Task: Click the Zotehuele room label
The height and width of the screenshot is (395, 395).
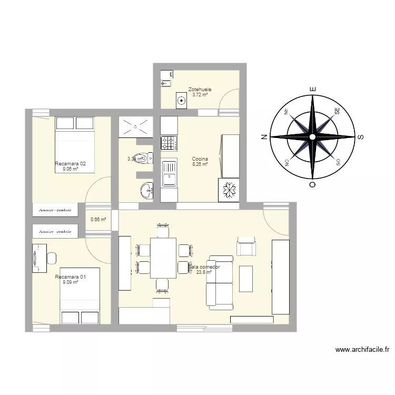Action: pyautogui.click(x=200, y=90)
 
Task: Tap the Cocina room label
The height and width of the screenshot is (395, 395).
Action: pyautogui.click(x=200, y=159)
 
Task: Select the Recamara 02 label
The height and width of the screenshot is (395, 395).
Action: pyautogui.click(x=70, y=164)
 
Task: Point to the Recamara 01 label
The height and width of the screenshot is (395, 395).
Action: pyautogui.click(x=70, y=276)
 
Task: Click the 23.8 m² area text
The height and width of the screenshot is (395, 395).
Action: pyautogui.click(x=204, y=272)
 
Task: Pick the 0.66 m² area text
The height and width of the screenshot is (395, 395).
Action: pyautogui.click(x=98, y=220)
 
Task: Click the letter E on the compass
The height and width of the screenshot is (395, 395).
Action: pyautogui.click(x=312, y=90)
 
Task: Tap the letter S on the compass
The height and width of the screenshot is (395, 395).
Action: pyautogui.click(x=361, y=137)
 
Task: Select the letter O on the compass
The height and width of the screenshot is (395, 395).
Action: pyautogui.click(x=312, y=185)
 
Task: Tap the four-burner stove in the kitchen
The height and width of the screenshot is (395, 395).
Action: pyautogui.click(x=169, y=142)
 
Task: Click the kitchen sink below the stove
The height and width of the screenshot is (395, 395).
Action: pyautogui.click(x=169, y=174)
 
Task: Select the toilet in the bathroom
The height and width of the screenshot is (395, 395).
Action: pyautogui.click(x=143, y=157)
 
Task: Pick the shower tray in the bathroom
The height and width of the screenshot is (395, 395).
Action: pyautogui.click(x=136, y=126)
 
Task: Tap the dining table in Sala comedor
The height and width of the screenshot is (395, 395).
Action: pyautogui.click(x=163, y=258)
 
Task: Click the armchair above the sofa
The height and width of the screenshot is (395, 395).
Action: pyautogui.click(x=246, y=246)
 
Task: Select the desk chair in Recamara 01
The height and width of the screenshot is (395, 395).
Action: pyautogui.click(x=52, y=258)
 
